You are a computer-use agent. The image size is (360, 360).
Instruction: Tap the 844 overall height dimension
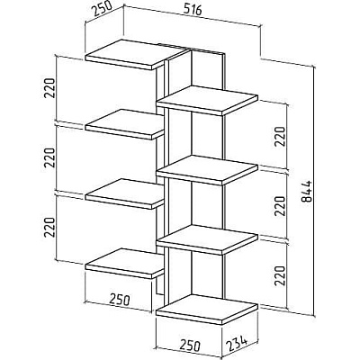tap(306, 192)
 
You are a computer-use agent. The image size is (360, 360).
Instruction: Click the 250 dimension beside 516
tap(101, 10)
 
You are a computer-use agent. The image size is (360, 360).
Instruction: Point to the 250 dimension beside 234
tap(190, 346)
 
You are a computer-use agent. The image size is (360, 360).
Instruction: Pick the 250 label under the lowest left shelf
tap(120, 299)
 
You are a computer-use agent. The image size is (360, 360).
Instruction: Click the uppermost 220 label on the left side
tap(49, 88)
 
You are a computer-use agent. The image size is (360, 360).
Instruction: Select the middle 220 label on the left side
tap(49, 157)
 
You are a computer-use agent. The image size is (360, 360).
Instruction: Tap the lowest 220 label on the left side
tap(49, 227)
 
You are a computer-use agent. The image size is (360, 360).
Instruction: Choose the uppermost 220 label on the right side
tap(280, 137)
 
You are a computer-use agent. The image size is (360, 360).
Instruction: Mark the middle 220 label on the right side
tap(280, 206)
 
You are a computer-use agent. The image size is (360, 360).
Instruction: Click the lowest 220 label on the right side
tap(280, 275)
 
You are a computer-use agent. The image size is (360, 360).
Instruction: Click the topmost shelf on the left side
tap(134, 54)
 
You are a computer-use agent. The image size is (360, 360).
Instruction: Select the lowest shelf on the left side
tap(125, 264)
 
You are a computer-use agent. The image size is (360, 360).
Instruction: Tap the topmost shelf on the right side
tap(207, 101)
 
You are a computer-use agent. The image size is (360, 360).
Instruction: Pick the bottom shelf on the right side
tap(207, 310)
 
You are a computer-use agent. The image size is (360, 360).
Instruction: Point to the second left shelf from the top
tap(125, 124)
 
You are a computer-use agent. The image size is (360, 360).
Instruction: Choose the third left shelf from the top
tap(125, 193)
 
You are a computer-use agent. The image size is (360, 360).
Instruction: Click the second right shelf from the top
tap(207, 170)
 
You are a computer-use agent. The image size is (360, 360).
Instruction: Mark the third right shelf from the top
tap(207, 239)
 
